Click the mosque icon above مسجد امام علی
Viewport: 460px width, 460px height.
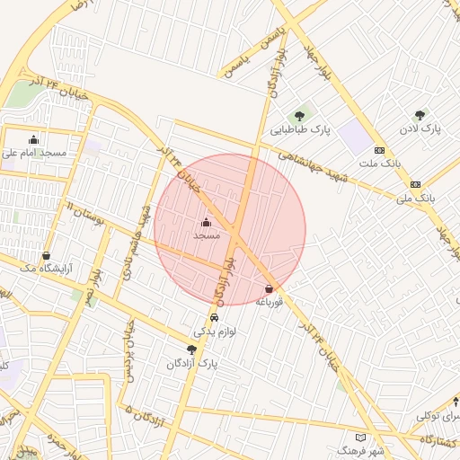34,139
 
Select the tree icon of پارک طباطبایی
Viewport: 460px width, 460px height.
299,115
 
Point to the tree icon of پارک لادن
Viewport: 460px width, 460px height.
420,115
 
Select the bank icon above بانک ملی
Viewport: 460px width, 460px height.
415,183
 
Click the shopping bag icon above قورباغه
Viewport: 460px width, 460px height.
269,288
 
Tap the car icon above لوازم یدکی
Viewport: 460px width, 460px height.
214,318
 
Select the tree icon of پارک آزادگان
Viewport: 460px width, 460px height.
191,349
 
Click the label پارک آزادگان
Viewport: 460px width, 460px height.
191,363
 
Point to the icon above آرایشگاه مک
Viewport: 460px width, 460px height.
46,255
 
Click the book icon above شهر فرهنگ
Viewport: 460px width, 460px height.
360,436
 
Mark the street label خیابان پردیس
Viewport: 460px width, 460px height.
130,351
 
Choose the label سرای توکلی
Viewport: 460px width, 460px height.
438,415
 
